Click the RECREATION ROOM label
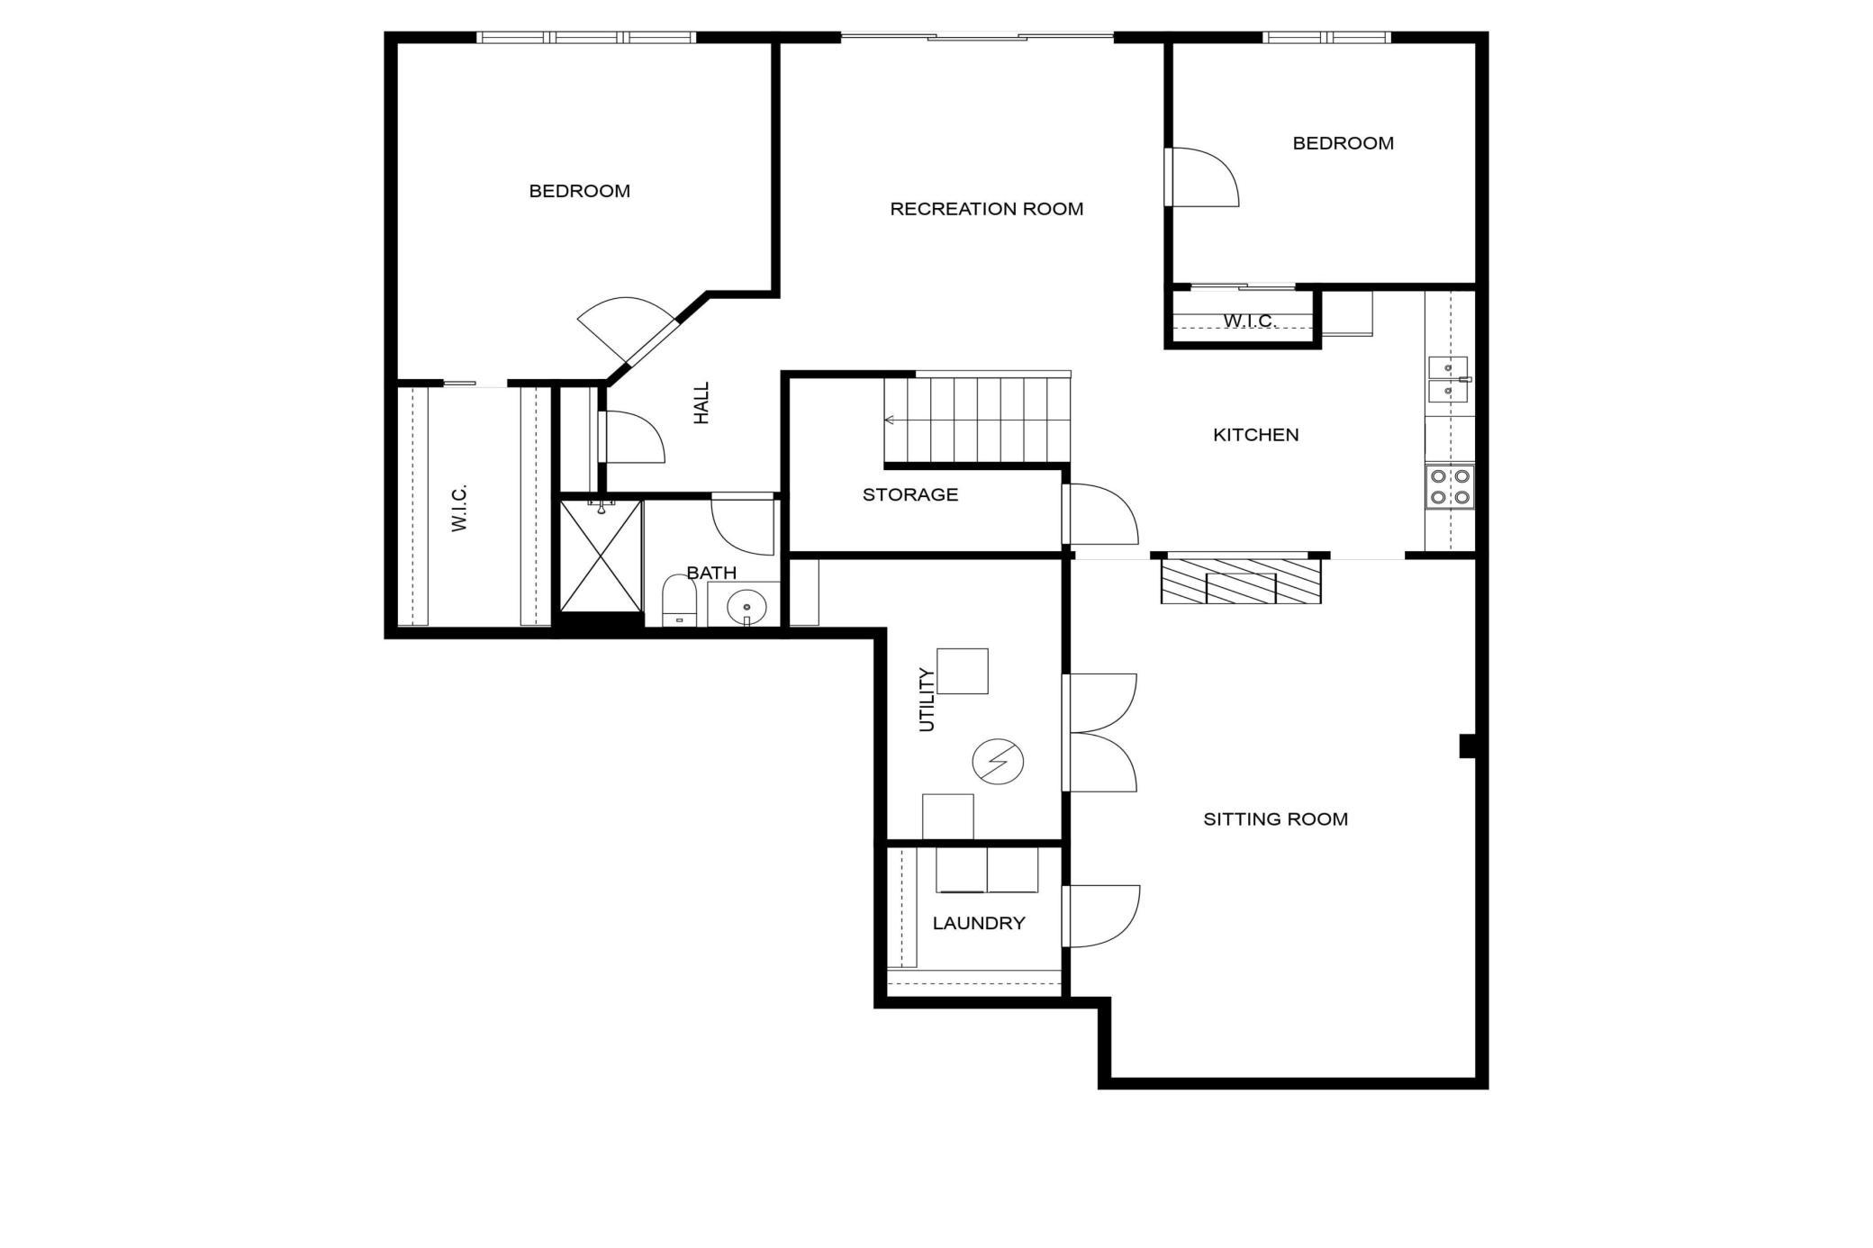tap(986, 209)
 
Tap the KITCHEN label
tap(1255, 435)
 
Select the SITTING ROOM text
tap(1275, 819)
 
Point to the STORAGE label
tap(909, 494)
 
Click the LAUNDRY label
tap(978, 923)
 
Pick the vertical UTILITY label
tap(927, 700)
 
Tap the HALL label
tap(701, 402)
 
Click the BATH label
tap(711, 573)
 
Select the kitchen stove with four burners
tap(1450, 486)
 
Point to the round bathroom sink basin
tap(746, 607)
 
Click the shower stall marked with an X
tap(601, 556)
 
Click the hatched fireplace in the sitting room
tap(1241, 581)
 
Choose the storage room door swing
tap(1101, 514)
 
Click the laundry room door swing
tap(1101, 917)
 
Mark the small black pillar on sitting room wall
tap(1468, 746)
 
